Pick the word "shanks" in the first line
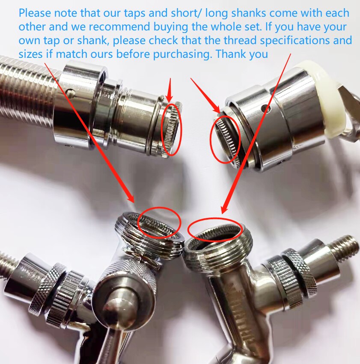(x=249, y=13)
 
